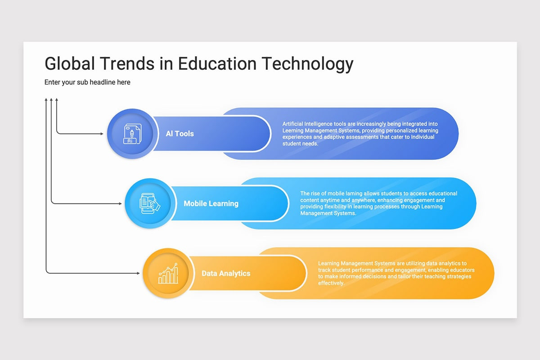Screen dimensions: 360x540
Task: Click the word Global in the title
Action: (69, 63)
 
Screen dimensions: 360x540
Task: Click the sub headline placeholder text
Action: (87, 82)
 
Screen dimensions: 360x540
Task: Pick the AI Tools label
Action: (180, 134)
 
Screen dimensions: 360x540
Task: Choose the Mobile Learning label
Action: (211, 203)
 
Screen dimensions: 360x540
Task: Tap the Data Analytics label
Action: (226, 273)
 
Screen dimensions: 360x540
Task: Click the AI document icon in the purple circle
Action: (132, 134)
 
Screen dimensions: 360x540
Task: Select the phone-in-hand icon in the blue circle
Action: (150, 203)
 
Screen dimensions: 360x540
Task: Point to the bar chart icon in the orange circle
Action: (168, 274)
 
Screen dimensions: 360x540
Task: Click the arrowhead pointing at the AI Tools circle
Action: (102, 134)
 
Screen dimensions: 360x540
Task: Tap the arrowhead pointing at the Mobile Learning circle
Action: (120, 203)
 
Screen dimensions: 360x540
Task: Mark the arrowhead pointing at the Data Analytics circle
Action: (138, 273)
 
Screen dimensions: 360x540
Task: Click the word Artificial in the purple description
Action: (293, 124)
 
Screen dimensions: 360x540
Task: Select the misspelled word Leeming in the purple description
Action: (293, 130)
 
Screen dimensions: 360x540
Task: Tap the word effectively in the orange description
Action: (331, 283)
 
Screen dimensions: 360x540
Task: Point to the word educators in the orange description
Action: (461, 270)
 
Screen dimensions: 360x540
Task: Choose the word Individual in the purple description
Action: (423, 137)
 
